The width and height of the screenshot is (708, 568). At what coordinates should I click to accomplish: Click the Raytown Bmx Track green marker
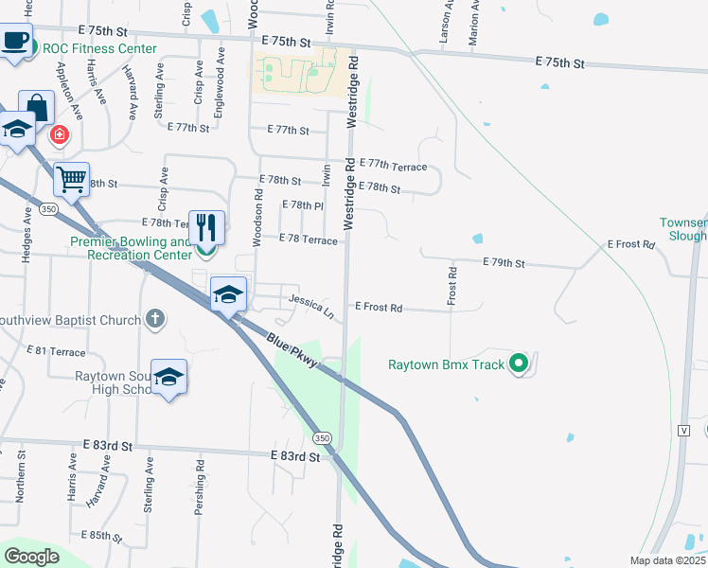click(518, 363)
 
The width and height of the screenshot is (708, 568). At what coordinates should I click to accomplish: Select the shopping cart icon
click(72, 178)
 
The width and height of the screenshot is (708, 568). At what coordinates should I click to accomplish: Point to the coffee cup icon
click(15, 41)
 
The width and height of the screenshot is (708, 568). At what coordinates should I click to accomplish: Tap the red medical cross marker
click(60, 135)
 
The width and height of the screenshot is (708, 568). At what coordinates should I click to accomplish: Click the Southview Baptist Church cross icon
click(156, 320)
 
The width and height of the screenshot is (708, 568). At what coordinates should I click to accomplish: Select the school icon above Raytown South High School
click(168, 377)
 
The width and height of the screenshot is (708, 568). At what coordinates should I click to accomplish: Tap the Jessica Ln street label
click(311, 305)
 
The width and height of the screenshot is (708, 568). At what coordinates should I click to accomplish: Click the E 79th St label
click(504, 262)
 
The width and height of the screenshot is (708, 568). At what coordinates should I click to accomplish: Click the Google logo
click(32, 557)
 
